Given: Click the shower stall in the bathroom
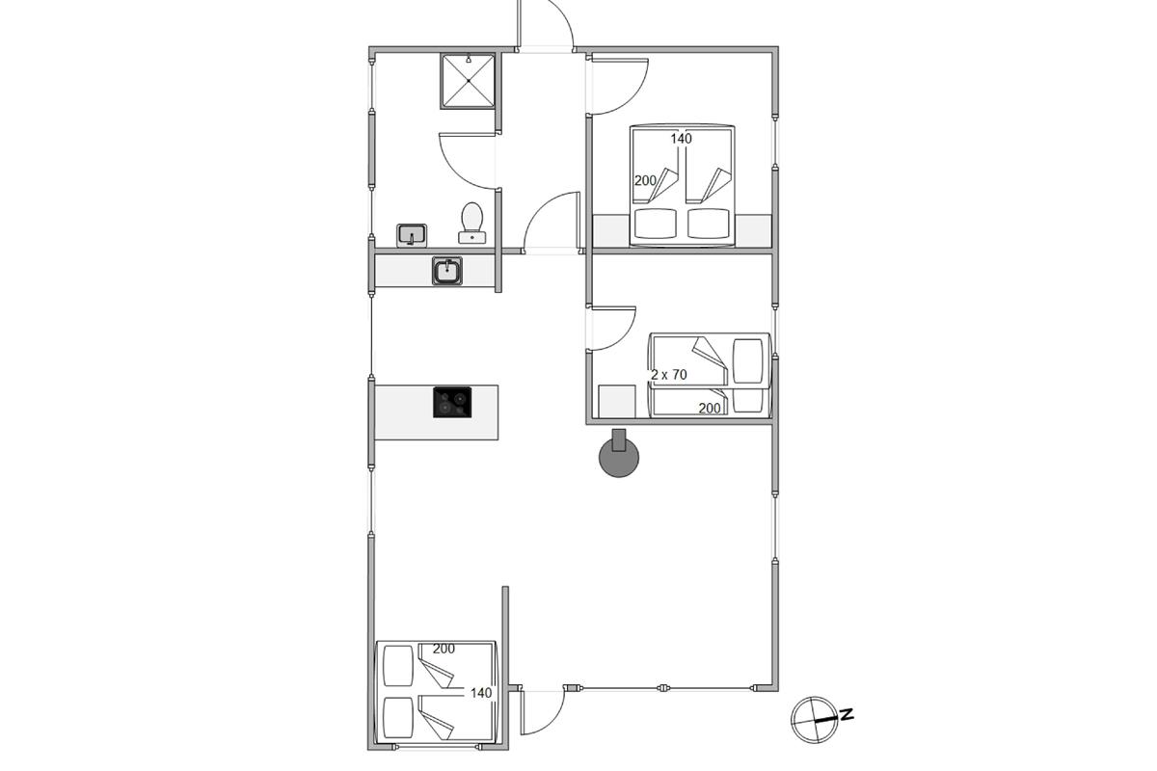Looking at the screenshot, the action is click(x=468, y=81).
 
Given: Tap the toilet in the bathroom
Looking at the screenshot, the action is click(x=472, y=223).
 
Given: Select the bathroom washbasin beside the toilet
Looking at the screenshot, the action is click(x=412, y=235).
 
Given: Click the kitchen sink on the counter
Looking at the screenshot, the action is click(x=447, y=271).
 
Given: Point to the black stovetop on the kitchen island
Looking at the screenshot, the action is click(x=452, y=402).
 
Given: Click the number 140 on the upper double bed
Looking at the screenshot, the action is click(x=682, y=139).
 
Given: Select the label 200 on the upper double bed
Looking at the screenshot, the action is click(x=645, y=180).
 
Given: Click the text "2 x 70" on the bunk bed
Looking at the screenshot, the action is click(x=669, y=374).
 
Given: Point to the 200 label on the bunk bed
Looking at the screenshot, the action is click(x=710, y=408).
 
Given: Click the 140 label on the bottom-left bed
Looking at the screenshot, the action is click(x=481, y=693).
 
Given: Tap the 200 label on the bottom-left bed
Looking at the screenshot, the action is click(x=444, y=648).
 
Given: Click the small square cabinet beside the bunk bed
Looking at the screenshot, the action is click(x=617, y=401).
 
